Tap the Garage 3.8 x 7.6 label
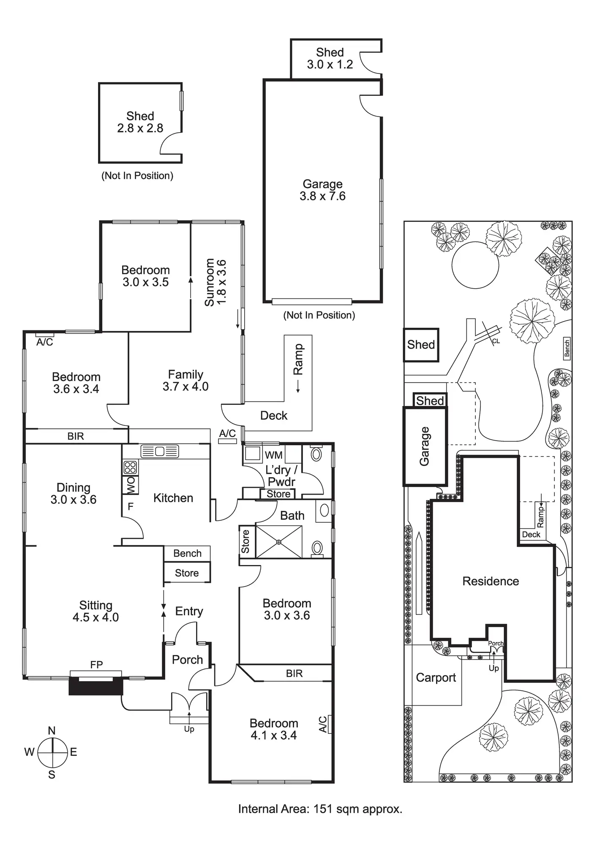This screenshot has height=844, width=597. click(x=322, y=190)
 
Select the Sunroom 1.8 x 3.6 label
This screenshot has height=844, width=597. click(x=215, y=282)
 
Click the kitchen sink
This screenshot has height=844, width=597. click(x=160, y=451)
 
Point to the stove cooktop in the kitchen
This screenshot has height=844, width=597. click(x=130, y=467)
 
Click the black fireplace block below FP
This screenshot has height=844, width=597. click(x=96, y=685)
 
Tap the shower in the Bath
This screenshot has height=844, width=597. click(x=279, y=541)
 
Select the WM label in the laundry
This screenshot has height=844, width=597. click(x=273, y=455)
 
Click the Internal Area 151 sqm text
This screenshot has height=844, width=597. click(x=320, y=809)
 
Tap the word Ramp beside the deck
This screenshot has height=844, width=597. click(x=298, y=359)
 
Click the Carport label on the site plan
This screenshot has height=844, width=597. click(x=436, y=677)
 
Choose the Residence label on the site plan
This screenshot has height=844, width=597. click(x=491, y=581)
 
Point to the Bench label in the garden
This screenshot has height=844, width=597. click(x=567, y=348)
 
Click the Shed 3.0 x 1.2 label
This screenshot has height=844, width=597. click(x=330, y=58)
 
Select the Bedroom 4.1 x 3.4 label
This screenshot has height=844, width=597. click(x=273, y=729)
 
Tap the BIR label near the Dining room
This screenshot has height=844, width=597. click(x=76, y=436)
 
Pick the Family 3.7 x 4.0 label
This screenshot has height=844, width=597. click(x=185, y=380)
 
